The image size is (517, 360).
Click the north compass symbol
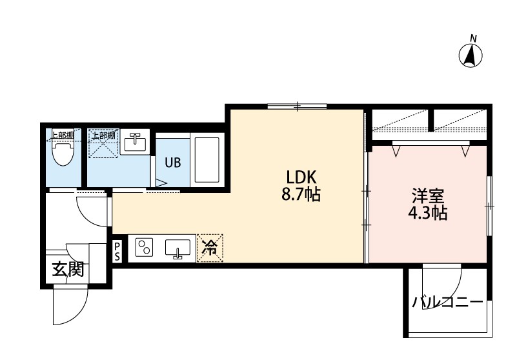[471, 55]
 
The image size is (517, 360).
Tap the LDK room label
[301, 177]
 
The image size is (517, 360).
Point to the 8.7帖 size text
[301, 194]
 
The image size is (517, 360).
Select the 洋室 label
[428, 196]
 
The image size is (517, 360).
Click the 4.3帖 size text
[428, 213]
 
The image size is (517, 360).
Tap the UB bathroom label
[173, 163]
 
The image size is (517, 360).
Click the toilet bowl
[63, 154]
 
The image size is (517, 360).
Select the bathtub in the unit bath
[207, 159]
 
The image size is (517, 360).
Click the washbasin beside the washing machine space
[134, 142]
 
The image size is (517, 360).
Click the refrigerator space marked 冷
[210, 248]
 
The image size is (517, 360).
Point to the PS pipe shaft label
[117, 252]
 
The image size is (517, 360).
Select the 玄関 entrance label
[68, 269]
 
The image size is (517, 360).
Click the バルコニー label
[447, 301]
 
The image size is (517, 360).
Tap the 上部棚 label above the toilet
[63, 134]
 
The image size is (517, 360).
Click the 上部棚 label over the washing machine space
[103, 135]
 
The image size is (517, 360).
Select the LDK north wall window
[297, 106]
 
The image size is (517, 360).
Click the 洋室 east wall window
[490, 206]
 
